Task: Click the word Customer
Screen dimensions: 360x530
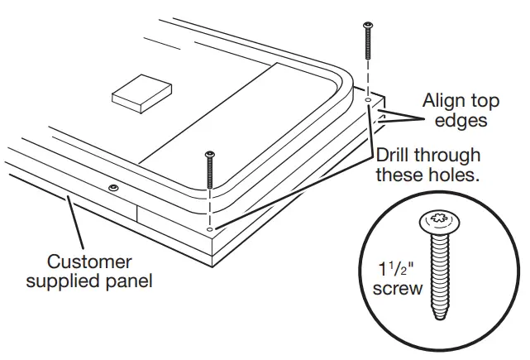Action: [x=89, y=262]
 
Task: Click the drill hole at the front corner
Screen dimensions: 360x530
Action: [x=210, y=228]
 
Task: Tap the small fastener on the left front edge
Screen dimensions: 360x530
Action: [x=111, y=189]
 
